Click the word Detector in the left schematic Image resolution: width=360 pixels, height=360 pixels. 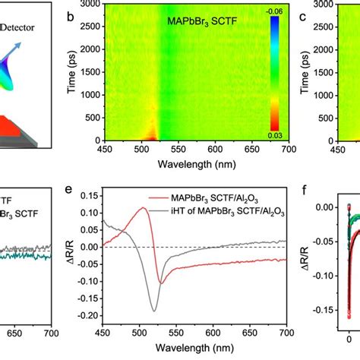pyautogui.click(x=24, y=27)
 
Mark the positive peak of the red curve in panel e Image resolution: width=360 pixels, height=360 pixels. pyautogui.click(x=143, y=207)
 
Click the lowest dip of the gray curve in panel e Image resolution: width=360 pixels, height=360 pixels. pyautogui.click(x=154, y=311)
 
